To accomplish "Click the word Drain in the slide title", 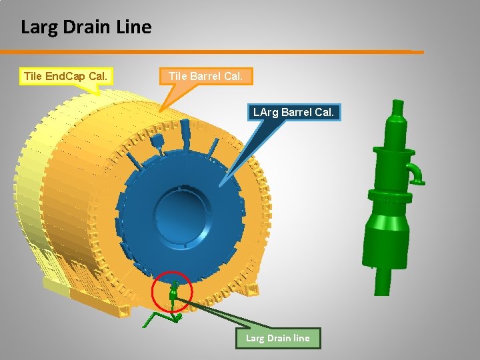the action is [x=85, y=27].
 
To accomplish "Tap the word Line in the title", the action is [x=135, y=27].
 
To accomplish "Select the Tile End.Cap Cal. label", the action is [x=65, y=76].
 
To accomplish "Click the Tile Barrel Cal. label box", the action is [x=205, y=76].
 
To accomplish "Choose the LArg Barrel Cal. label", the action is [x=293, y=112].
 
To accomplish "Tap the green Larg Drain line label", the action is [x=277, y=338].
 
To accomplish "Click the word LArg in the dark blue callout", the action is [x=266, y=112].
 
